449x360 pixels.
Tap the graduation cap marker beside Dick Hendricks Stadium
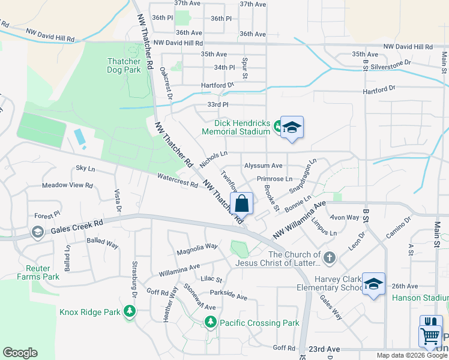[x=292, y=128]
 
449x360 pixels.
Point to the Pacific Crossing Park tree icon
[x=210, y=323]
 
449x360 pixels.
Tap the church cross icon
[x=328, y=258]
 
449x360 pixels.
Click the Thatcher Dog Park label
[x=124, y=65]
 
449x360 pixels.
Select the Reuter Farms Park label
[x=34, y=272]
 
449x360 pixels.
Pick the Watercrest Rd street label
[x=177, y=180]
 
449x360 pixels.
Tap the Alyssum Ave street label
[x=263, y=166]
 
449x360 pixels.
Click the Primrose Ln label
[x=274, y=179]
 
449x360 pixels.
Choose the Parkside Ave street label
[x=228, y=296]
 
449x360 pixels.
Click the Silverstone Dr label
[x=391, y=62]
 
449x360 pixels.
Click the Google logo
[x=20, y=353]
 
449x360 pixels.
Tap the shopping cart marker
[x=430, y=337]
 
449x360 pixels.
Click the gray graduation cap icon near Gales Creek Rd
[x=37, y=232]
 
